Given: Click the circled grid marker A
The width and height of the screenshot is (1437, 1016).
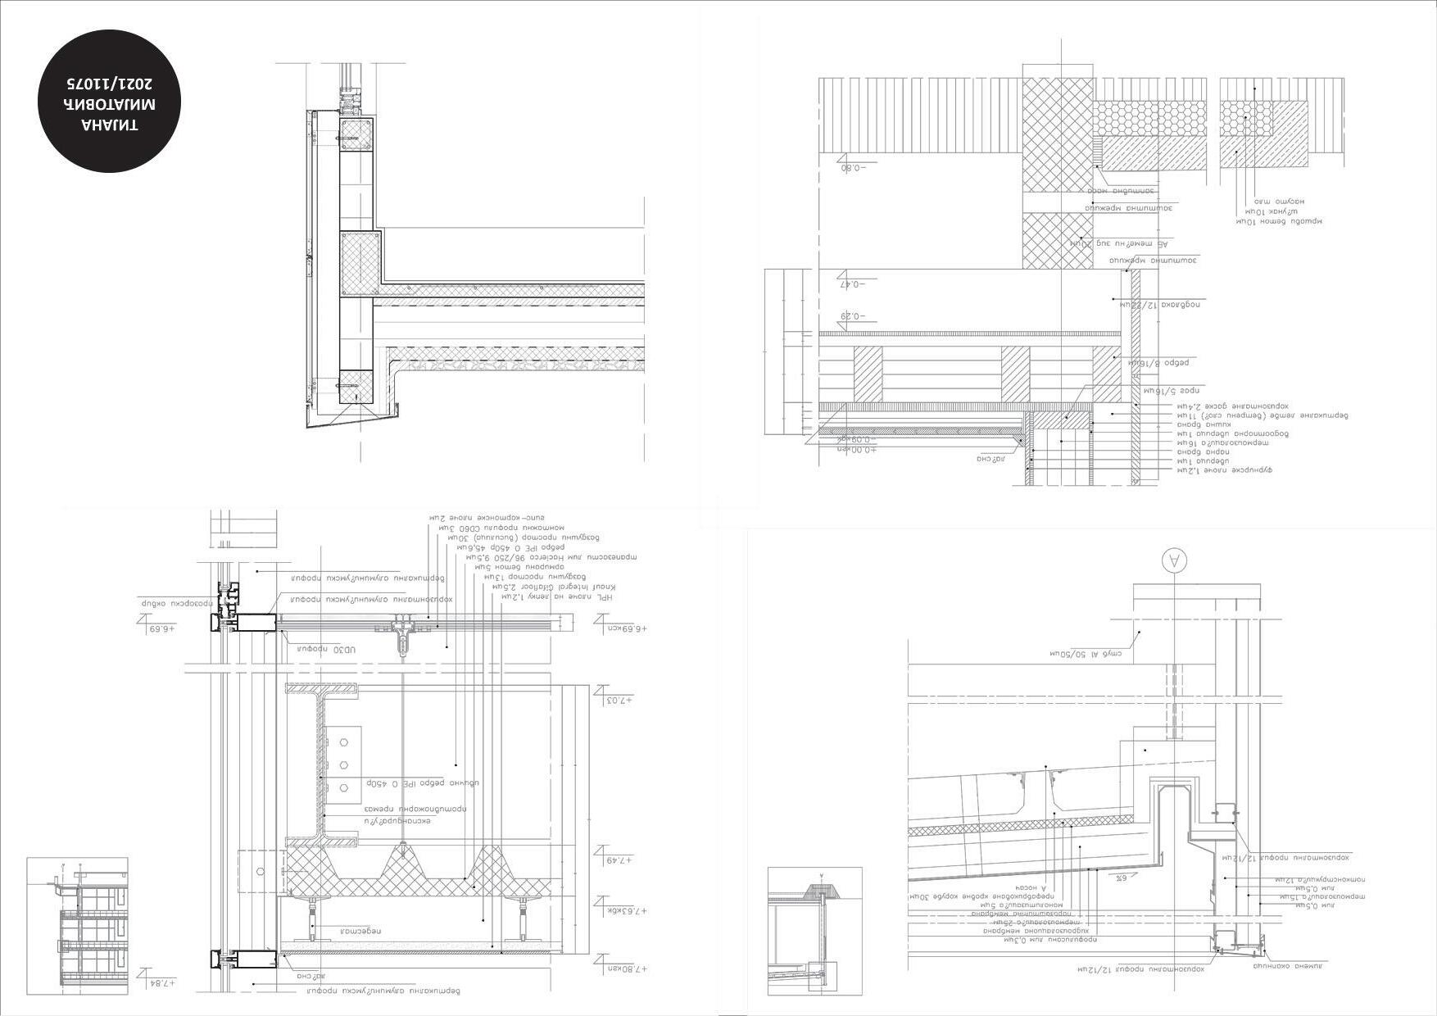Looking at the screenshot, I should pyautogui.click(x=1174, y=560).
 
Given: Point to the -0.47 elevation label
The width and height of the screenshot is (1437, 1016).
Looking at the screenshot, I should pyautogui.click(x=854, y=283).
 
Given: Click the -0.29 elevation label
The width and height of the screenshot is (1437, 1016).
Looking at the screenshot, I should pyautogui.click(x=854, y=315).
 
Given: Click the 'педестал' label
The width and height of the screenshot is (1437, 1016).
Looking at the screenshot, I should pyautogui.click(x=361, y=931).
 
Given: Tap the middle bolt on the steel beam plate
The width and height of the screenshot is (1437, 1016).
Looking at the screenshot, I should pyautogui.click(x=344, y=764).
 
